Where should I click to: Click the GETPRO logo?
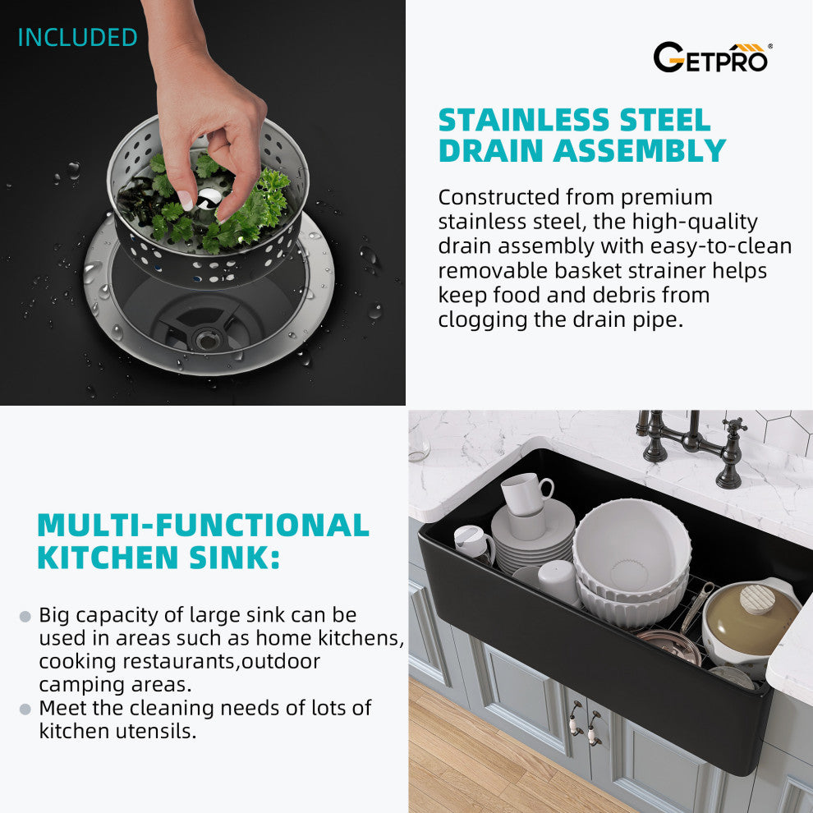coord(712,57)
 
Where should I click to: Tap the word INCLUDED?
coord(78,37)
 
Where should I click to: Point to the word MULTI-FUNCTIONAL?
coord(204,525)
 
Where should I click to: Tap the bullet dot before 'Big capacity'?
coord(25,616)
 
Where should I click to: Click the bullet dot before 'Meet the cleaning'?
coord(25,709)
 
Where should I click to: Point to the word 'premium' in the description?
coord(666,198)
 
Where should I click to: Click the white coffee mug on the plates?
coord(526,494)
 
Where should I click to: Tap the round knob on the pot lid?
coord(757,599)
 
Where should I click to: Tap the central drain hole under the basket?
coord(208,340)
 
